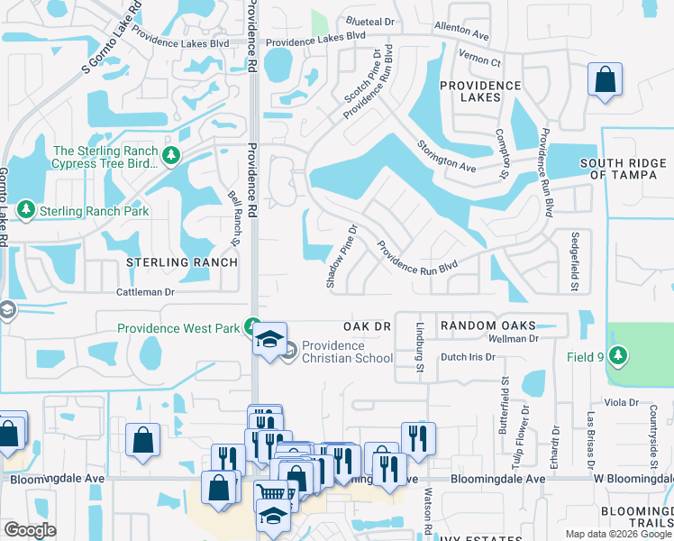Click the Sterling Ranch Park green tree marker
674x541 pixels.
[26, 211]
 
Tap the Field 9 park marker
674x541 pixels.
[618, 357]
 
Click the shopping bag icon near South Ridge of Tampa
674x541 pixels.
[605, 79]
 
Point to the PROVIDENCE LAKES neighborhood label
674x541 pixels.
[479, 93]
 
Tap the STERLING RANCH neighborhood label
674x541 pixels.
[181, 262]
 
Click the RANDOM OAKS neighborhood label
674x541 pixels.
[487, 325]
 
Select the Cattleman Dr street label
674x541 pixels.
[145, 293]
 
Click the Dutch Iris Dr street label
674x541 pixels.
[468, 357]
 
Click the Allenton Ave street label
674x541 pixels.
[460, 32]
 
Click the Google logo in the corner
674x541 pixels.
[30, 530]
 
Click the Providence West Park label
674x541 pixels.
[178, 328]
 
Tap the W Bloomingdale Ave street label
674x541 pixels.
[631, 480]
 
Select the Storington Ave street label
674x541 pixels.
[446, 156]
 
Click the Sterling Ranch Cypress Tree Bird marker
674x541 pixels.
[171, 157]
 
